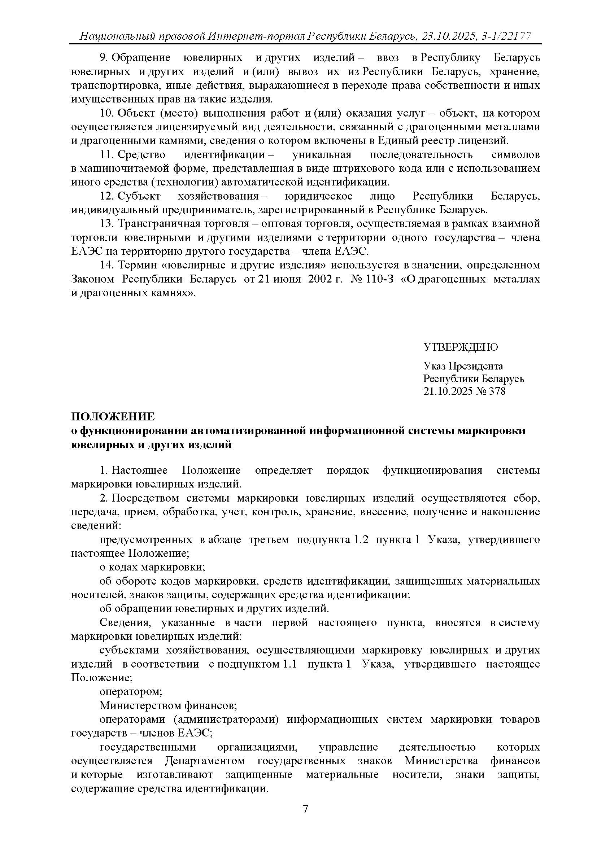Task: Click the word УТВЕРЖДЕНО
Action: [x=461, y=347]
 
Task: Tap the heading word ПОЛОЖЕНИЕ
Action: [x=113, y=416]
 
